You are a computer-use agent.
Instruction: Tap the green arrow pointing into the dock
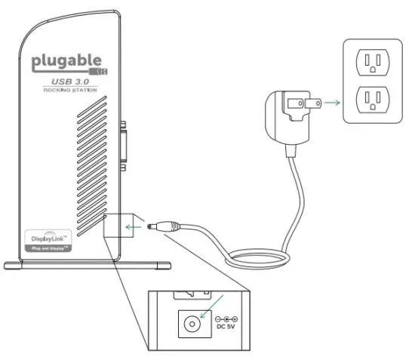tap(134, 224)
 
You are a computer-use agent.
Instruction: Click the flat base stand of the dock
tap(87, 264)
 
